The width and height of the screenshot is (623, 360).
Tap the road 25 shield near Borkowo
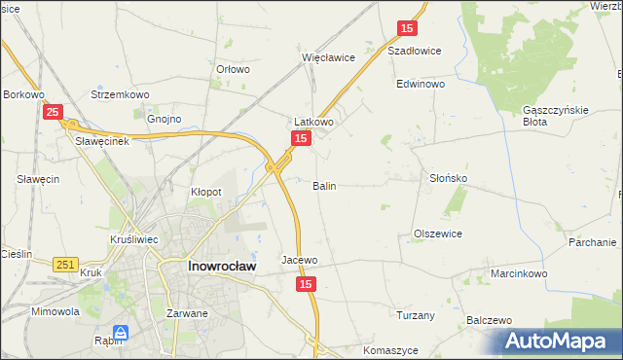tap(54, 113)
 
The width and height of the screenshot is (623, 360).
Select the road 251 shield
tap(65, 265)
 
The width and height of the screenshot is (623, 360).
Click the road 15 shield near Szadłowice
tap(408, 30)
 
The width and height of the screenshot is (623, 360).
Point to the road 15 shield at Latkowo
tap(301, 140)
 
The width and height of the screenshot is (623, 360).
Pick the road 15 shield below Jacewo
tap(306, 283)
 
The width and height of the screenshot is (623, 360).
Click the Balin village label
tap(325, 185)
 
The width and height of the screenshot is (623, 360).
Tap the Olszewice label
tap(437, 234)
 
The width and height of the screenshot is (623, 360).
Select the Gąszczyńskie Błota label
tap(556, 116)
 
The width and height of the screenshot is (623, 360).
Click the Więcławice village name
tap(328, 57)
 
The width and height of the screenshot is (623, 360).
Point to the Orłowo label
tap(233, 69)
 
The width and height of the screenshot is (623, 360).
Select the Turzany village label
tap(415, 315)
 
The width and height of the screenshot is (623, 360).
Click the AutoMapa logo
tap(559, 341)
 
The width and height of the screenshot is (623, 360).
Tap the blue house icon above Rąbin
tap(120, 332)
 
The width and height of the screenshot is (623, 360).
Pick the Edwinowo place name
tap(420, 85)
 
